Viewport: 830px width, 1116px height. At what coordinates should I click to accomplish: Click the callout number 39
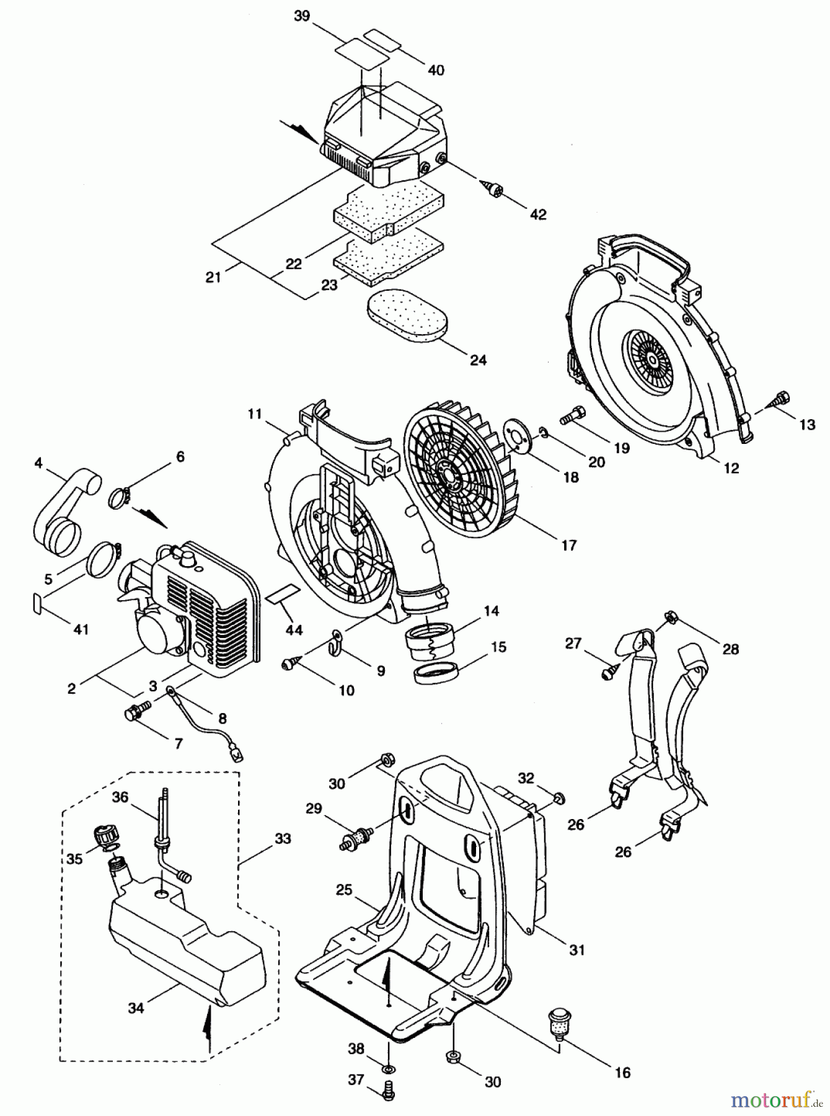[x=302, y=16]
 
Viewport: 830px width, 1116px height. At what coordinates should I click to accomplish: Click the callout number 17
[x=568, y=545]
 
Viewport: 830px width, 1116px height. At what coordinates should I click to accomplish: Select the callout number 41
[x=81, y=629]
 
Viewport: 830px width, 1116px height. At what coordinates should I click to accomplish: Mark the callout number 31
[x=576, y=949]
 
